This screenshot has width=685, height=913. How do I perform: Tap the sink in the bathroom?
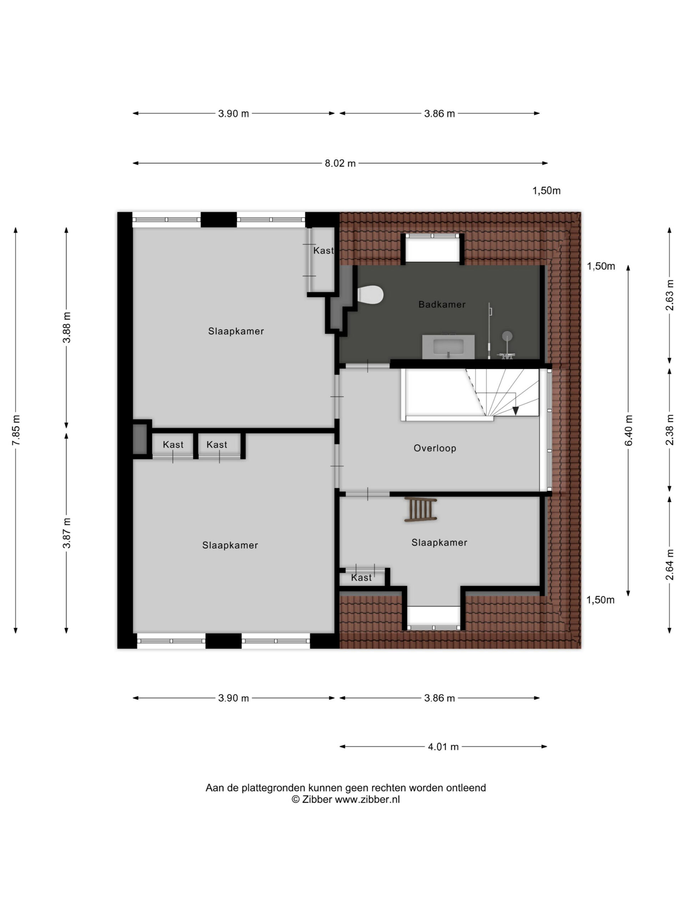(448, 347)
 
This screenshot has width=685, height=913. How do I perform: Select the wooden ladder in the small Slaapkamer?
(421, 510)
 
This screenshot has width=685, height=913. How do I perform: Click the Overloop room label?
(435, 448)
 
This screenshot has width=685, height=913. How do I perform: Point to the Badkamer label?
(442, 305)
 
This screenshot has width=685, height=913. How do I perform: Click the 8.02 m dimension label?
(340, 163)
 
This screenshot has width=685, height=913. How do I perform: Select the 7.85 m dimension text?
(16, 430)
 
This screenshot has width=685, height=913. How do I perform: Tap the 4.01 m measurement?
(443, 747)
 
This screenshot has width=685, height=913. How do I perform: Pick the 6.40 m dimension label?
(628, 430)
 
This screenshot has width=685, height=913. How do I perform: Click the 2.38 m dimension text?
(669, 430)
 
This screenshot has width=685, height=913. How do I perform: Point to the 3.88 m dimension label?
(66, 327)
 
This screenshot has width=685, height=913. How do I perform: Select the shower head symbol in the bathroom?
(507, 336)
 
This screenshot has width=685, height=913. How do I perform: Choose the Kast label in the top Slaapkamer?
(323, 250)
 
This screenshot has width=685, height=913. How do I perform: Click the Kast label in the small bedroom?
(361, 578)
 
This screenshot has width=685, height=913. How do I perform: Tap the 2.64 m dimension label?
(669, 565)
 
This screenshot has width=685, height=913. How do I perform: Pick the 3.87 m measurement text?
(66, 533)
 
